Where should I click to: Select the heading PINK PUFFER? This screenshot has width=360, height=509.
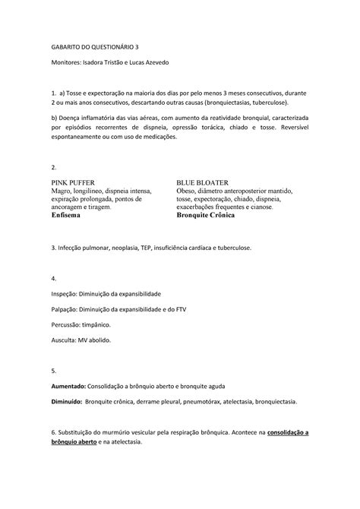click(74, 184)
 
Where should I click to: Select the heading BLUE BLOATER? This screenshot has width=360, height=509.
click(203, 184)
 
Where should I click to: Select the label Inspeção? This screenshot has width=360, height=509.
click(66, 293)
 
